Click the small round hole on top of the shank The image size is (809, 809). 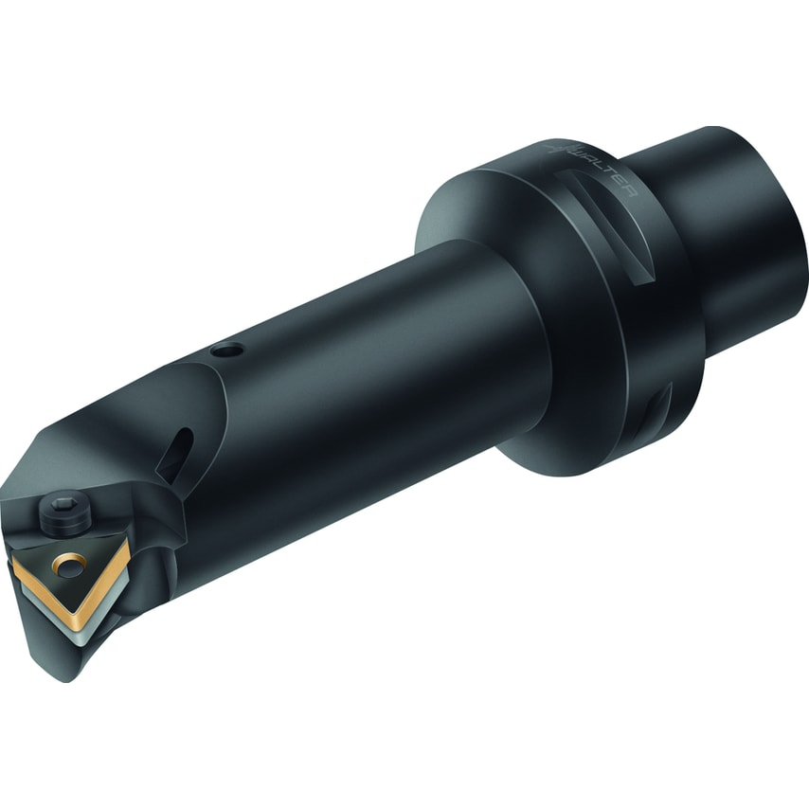click(x=226, y=351)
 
